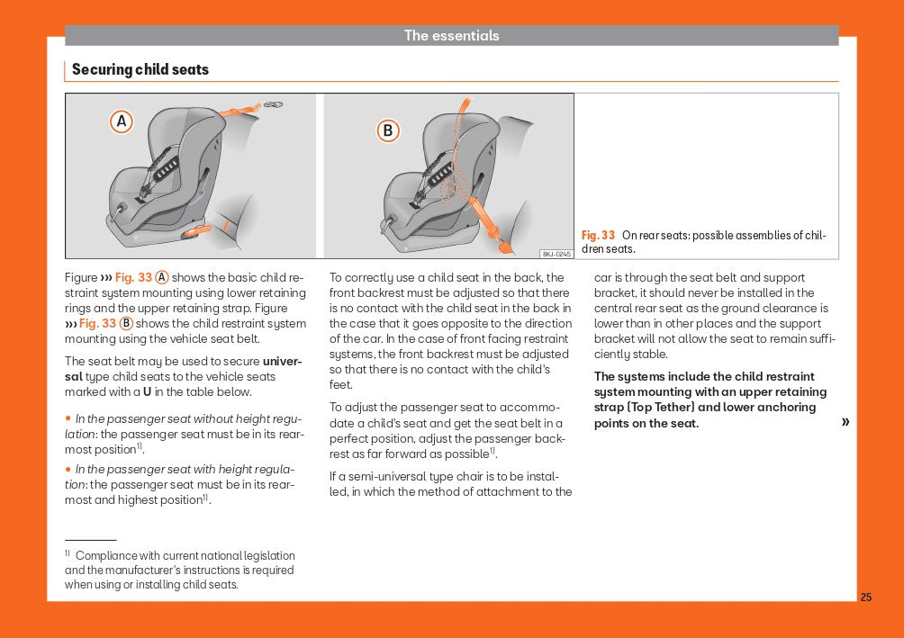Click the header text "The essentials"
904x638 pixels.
(451, 36)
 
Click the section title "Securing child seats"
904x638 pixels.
(140, 69)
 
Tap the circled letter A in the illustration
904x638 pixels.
(122, 121)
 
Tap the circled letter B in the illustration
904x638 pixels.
(388, 131)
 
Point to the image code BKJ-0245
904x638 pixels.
(556, 254)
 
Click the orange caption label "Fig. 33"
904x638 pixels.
(599, 236)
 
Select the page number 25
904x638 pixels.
(866, 597)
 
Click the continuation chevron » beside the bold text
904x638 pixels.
(845, 422)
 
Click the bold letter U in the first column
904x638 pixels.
(147, 392)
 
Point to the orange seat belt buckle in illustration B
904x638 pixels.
(493, 229)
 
